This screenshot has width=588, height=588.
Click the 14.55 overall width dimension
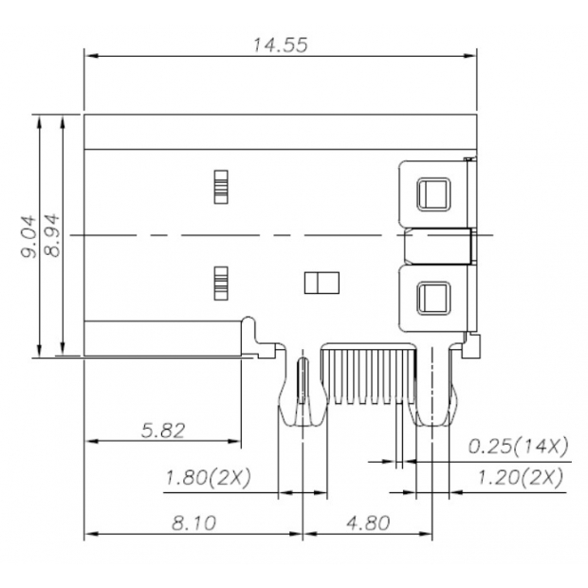tap(279, 45)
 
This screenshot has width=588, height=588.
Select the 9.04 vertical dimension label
tap(28, 236)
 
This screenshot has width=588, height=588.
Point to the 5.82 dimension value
tap(162, 430)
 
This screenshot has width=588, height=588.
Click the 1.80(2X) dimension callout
tap(208, 478)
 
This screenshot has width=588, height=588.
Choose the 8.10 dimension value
tap(193, 522)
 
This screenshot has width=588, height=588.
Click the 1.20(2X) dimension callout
tap(519, 477)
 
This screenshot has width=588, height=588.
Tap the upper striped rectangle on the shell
tap(221, 186)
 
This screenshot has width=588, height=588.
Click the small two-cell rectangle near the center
tap(320, 282)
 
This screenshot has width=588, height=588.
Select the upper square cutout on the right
tap(434, 194)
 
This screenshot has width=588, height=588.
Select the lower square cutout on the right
tap(434, 298)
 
